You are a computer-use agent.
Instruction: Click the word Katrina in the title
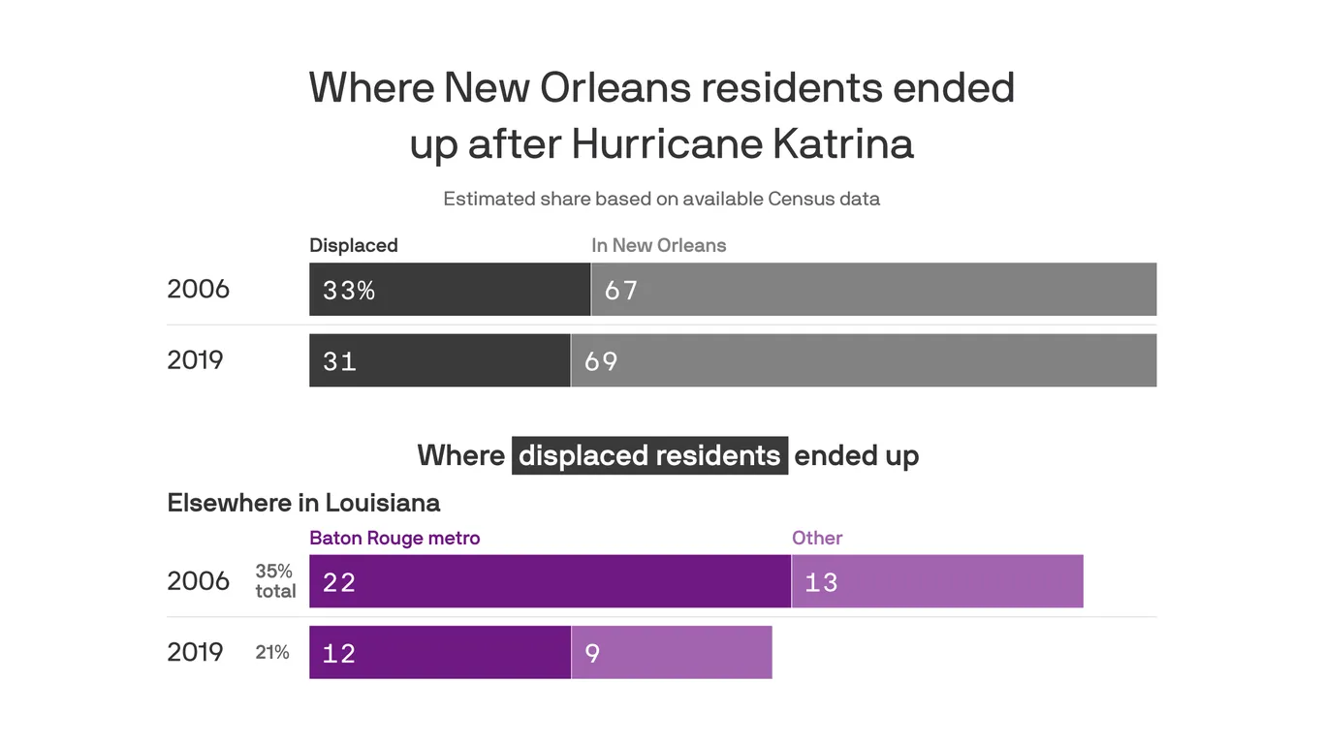(x=842, y=144)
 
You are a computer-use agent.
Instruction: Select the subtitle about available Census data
(x=661, y=199)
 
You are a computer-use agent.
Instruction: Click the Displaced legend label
(x=353, y=245)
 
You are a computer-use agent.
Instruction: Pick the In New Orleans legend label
(x=658, y=245)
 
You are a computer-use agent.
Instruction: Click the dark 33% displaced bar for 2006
(x=450, y=290)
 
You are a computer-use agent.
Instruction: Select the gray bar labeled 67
(x=873, y=290)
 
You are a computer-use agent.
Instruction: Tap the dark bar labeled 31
(x=439, y=360)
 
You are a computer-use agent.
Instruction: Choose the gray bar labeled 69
(x=864, y=360)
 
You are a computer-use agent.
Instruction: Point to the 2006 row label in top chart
(x=198, y=289)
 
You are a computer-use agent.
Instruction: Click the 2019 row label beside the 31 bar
(x=195, y=360)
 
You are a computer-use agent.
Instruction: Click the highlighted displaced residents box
(x=649, y=455)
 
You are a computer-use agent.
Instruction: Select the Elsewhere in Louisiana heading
(x=303, y=503)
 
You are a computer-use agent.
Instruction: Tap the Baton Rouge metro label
(x=394, y=538)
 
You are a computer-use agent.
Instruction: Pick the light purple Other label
(x=817, y=538)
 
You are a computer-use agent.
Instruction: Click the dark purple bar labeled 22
(x=550, y=581)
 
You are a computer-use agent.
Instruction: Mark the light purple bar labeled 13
(x=937, y=581)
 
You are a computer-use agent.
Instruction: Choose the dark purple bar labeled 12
(x=439, y=652)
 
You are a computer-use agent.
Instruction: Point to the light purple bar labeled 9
(x=672, y=652)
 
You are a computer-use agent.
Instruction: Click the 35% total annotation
(x=275, y=581)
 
